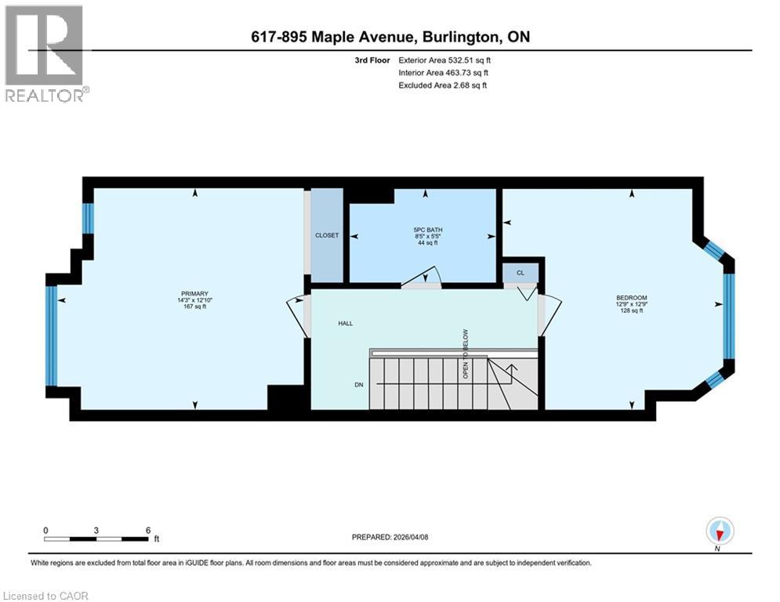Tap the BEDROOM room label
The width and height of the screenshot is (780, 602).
[x=631, y=298]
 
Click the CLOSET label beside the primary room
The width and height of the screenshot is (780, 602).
[x=327, y=235]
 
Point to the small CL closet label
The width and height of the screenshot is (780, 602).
[x=520, y=274]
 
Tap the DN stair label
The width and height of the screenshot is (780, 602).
[x=357, y=384]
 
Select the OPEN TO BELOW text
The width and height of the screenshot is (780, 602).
[x=466, y=354]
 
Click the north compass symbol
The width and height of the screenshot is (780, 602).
[x=719, y=532]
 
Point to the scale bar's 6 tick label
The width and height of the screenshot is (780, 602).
[x=148, y=530]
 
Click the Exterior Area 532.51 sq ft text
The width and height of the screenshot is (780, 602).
[x=444, y=60]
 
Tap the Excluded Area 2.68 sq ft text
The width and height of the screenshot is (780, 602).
[x=442, y=85]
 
